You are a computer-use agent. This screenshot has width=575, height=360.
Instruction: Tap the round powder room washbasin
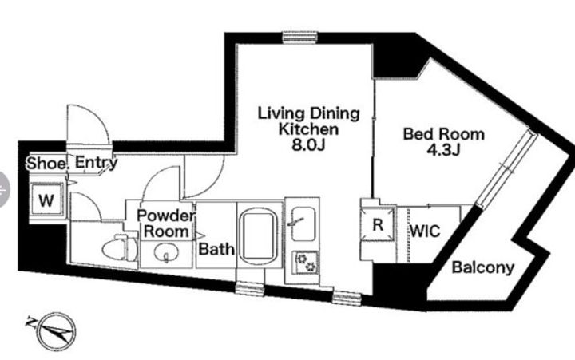click(166, 252)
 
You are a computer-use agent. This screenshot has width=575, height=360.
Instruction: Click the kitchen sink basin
click(303, 224)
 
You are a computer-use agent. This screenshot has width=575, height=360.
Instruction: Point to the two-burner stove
click(306, 263)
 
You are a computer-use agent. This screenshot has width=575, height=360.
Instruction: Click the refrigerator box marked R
click(378, 224)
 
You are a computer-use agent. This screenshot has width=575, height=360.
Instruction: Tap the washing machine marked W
click(46, 200)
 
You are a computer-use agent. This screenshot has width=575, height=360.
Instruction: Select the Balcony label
click(482, 267)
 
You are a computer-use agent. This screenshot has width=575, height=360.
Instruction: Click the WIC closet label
click(425, 231)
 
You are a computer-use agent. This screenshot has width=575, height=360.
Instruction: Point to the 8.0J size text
click(308, 145)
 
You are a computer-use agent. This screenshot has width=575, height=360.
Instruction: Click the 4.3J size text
click(443, 150)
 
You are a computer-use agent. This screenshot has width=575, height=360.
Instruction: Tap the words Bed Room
click(444, 134)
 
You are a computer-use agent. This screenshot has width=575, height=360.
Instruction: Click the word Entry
click(96, 163)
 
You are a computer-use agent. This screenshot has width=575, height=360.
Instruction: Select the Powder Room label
click(166, 224)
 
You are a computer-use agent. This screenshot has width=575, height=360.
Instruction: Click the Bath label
click(216, 249)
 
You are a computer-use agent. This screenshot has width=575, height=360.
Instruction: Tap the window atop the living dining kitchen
click(299, 38)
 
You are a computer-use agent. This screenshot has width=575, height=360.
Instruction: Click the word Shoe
click(46, 164)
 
